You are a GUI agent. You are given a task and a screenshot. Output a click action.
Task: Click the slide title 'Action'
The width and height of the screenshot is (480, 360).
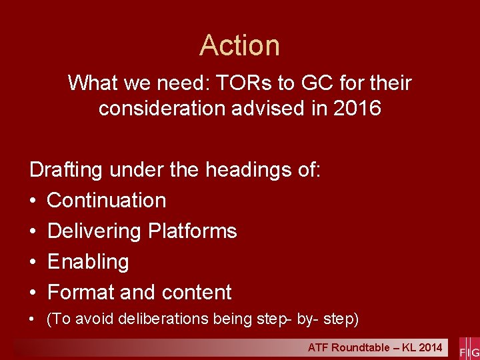click(x=240, y=45)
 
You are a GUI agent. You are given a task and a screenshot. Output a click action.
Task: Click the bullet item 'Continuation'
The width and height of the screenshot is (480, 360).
click(x=107, y=200)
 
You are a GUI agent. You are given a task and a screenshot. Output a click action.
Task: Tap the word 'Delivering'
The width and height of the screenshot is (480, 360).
click(x=95, y=231)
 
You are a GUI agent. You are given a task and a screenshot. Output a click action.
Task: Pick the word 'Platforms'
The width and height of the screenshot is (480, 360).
click(x=193, y=231)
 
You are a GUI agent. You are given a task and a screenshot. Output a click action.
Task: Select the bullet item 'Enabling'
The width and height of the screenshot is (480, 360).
click(x=88, y=261)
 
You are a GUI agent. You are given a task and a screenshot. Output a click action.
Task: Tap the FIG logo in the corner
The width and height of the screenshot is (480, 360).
click(x=469, y=349)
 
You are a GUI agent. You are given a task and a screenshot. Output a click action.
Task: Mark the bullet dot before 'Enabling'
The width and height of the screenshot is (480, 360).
click(x=33, y=262)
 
